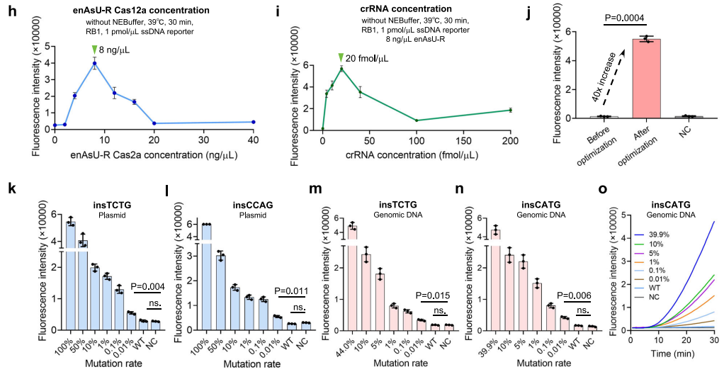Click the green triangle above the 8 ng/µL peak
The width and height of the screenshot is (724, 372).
[x=94, y=49]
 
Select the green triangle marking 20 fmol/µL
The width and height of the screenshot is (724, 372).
[x=341, y=57]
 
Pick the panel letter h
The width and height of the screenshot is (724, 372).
[x=6, y=11]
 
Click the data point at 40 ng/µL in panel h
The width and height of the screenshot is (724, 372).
[x=253, y=122]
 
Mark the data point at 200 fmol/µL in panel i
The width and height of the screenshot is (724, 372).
[x=510, y=110]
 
